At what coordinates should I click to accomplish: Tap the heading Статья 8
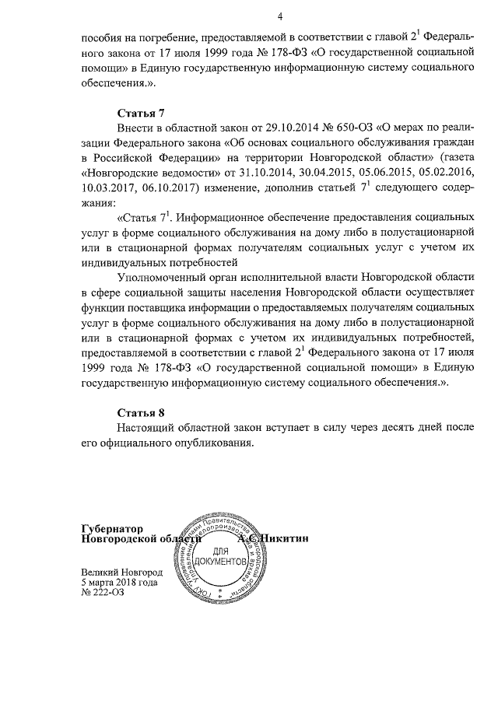141,412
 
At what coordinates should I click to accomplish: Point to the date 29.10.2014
280,127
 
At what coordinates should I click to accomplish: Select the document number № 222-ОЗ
104,592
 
